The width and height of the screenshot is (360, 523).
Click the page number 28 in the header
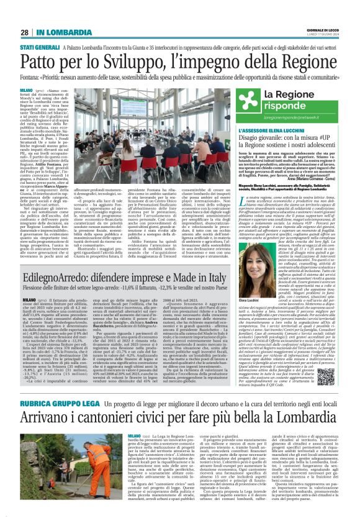pos(24,32)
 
